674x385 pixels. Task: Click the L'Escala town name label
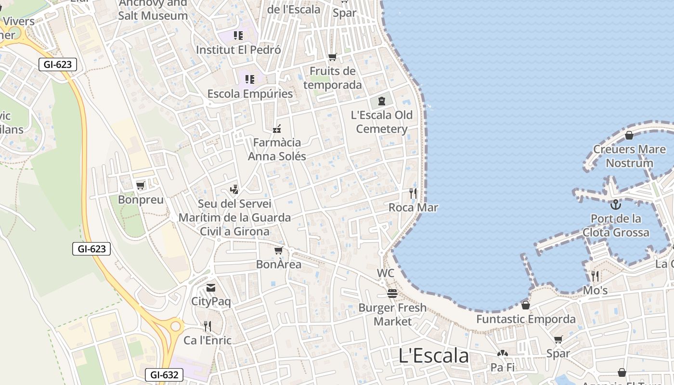coord(433,356)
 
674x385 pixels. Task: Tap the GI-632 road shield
coord(164,375)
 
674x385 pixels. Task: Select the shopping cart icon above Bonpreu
coord(140,186)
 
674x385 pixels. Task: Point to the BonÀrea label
coord(279,264)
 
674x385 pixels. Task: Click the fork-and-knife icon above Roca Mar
coord(413,193)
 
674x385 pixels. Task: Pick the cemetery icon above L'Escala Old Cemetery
coord(382,101)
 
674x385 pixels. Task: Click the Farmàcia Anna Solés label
coord(277,149)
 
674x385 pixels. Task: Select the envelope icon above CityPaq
coord(211,288)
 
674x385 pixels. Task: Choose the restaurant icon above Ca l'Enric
coord(207,326)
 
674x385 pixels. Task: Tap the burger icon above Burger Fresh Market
coord(392,294)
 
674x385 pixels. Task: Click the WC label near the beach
coord(386,273)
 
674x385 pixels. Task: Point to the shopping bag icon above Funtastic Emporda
coord(525,305)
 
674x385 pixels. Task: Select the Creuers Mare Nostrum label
coord(629,156)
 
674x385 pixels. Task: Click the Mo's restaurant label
coord(595,291)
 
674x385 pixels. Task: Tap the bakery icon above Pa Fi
coord(502,354)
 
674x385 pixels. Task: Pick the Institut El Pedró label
coord(238,50)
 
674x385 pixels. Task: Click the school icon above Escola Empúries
coord(249,79)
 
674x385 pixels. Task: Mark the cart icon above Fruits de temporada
coord(332,58)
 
